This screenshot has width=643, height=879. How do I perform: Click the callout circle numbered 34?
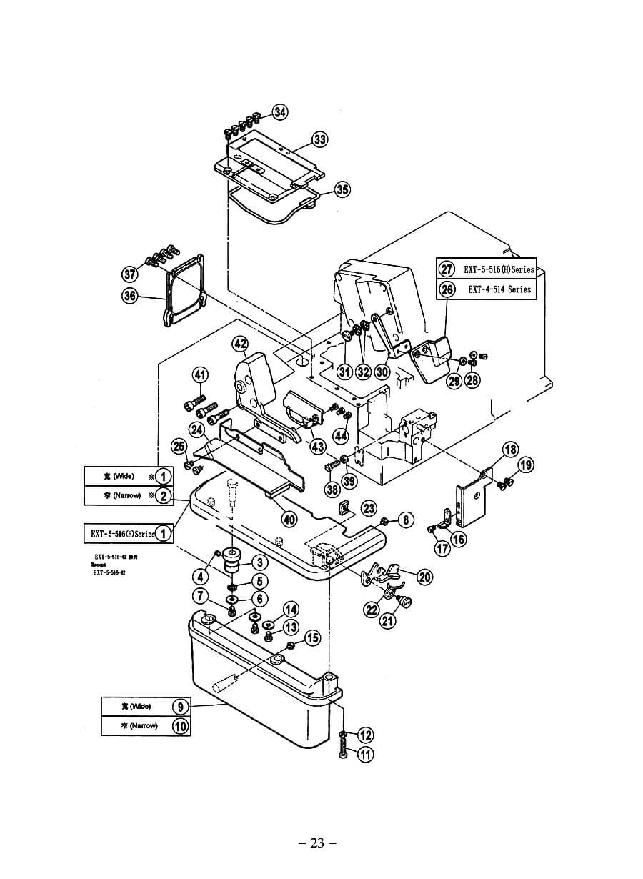[281, 112]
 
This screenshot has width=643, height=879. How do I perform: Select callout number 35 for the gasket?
[342, 189]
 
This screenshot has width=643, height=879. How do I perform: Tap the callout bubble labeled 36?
[129, 296]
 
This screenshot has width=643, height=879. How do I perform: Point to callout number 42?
[241, 344]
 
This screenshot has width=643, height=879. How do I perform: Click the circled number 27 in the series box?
[447, 269]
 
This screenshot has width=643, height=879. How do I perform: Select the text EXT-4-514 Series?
[499, 289]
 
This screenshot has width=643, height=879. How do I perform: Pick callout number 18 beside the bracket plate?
[510, 450]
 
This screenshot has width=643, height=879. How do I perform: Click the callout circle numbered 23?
[369, 507]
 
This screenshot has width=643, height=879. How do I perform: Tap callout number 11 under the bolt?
[366, 754]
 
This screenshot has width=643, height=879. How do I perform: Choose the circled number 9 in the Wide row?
[181, 706]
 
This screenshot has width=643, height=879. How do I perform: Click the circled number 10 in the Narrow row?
[181, 725]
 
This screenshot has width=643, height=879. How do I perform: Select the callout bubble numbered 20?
[425, 577]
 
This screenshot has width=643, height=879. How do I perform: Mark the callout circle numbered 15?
[313, 638]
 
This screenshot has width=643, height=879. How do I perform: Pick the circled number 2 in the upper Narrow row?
[164, 495]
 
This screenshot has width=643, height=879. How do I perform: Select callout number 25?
[179, 447]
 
